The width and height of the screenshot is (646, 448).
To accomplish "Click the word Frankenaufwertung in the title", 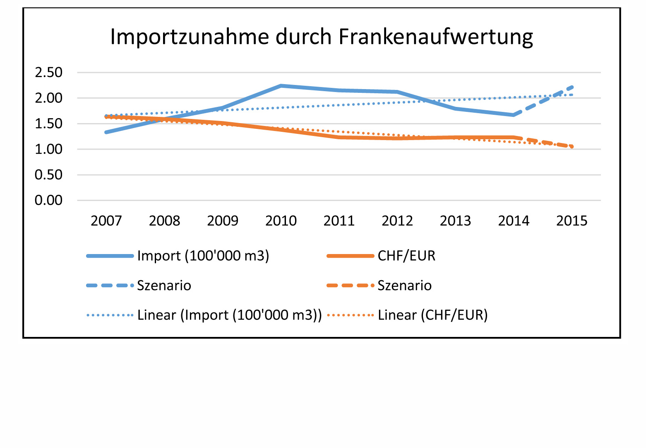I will click(x=435, y=37).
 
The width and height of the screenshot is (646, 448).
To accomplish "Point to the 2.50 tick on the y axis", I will click(x=48, y=73).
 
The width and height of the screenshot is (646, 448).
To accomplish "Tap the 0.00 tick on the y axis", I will click(x=48, y=200).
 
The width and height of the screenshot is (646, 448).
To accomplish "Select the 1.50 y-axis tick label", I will click(x=48, y=124).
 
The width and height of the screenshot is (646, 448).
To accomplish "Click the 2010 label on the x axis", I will click(x=281, y=221).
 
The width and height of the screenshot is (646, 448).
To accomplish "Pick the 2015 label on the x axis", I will click(x=572, y=221).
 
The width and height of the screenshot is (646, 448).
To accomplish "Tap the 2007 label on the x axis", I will click(x=106, y=221).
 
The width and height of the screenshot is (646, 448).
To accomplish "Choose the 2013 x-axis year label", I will click(x=455, y=221).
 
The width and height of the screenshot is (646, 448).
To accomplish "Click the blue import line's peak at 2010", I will click(x=281, y=86).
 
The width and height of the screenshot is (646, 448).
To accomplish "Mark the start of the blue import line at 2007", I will click(x=106, y=132).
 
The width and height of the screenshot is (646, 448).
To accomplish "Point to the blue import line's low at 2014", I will click(x=514, y=115).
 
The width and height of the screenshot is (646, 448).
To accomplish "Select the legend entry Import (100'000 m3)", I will click(x=203, y=256).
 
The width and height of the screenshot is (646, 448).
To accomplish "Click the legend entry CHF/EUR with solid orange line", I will click(x=406, y=256).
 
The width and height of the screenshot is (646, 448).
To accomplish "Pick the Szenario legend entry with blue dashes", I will click(x=164, y=286).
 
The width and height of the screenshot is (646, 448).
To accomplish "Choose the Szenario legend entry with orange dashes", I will click(x=404, y=286).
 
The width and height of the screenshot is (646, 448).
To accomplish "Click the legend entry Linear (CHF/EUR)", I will click(x=432, y=315).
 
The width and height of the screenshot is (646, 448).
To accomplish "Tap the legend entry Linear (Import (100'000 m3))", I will click(x=229, y=315).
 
